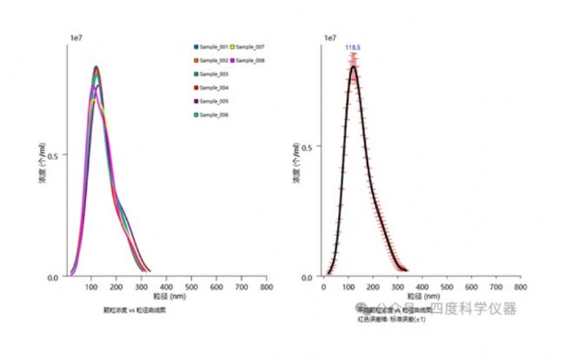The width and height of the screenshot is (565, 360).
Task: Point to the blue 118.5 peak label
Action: coord(353,48)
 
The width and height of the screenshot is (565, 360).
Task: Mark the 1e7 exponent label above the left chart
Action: coord(76,37)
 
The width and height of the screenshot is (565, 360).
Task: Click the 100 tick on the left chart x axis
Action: coord(91,287)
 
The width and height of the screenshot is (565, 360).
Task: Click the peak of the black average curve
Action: coord(354,67)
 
